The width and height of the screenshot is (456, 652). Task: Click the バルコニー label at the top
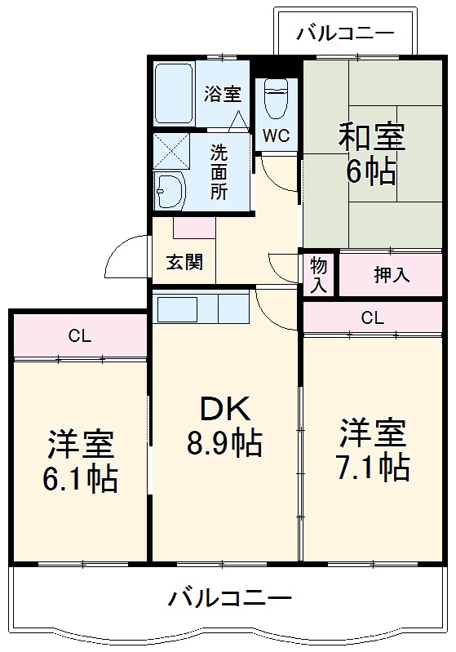(345, 33)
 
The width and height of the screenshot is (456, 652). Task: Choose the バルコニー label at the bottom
(229, 600)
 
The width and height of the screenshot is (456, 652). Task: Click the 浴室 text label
(223, 93)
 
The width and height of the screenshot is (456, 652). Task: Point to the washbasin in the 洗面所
(170, 190)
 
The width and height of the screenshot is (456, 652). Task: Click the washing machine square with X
(171, 149)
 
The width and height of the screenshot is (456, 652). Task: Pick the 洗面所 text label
(219, 171)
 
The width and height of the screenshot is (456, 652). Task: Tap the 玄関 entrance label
(184, 264)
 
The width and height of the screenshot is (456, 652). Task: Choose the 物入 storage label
(319, 274)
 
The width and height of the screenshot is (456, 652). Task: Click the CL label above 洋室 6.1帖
(79, 335)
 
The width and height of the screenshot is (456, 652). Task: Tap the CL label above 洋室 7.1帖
(372, 317)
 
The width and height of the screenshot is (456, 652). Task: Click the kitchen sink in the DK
(178, 310)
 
